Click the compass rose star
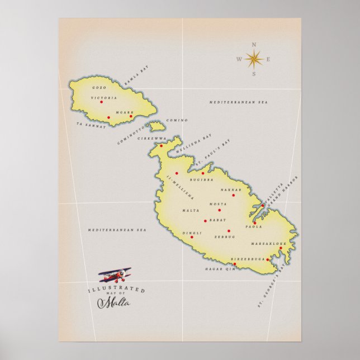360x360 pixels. (x=254, y=58)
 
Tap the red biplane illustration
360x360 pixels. (x=116, y=274)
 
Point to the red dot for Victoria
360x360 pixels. (x=101, y=102)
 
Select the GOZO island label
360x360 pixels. (x=99, y=88)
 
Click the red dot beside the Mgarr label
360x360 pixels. (x=131, y=116)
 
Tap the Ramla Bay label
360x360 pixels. (x=137, y=75)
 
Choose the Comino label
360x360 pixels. (x=177, y=120)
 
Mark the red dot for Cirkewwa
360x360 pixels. (x=161, y=146)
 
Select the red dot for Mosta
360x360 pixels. (x=219, y=210)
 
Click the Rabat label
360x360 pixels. (x=218, y=220)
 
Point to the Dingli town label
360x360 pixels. (x=191, y=233)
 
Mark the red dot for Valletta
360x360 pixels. (x=262, y=205)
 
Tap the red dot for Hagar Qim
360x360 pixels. (x=234, y=264)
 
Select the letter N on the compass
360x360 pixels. (x=254, y=44)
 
